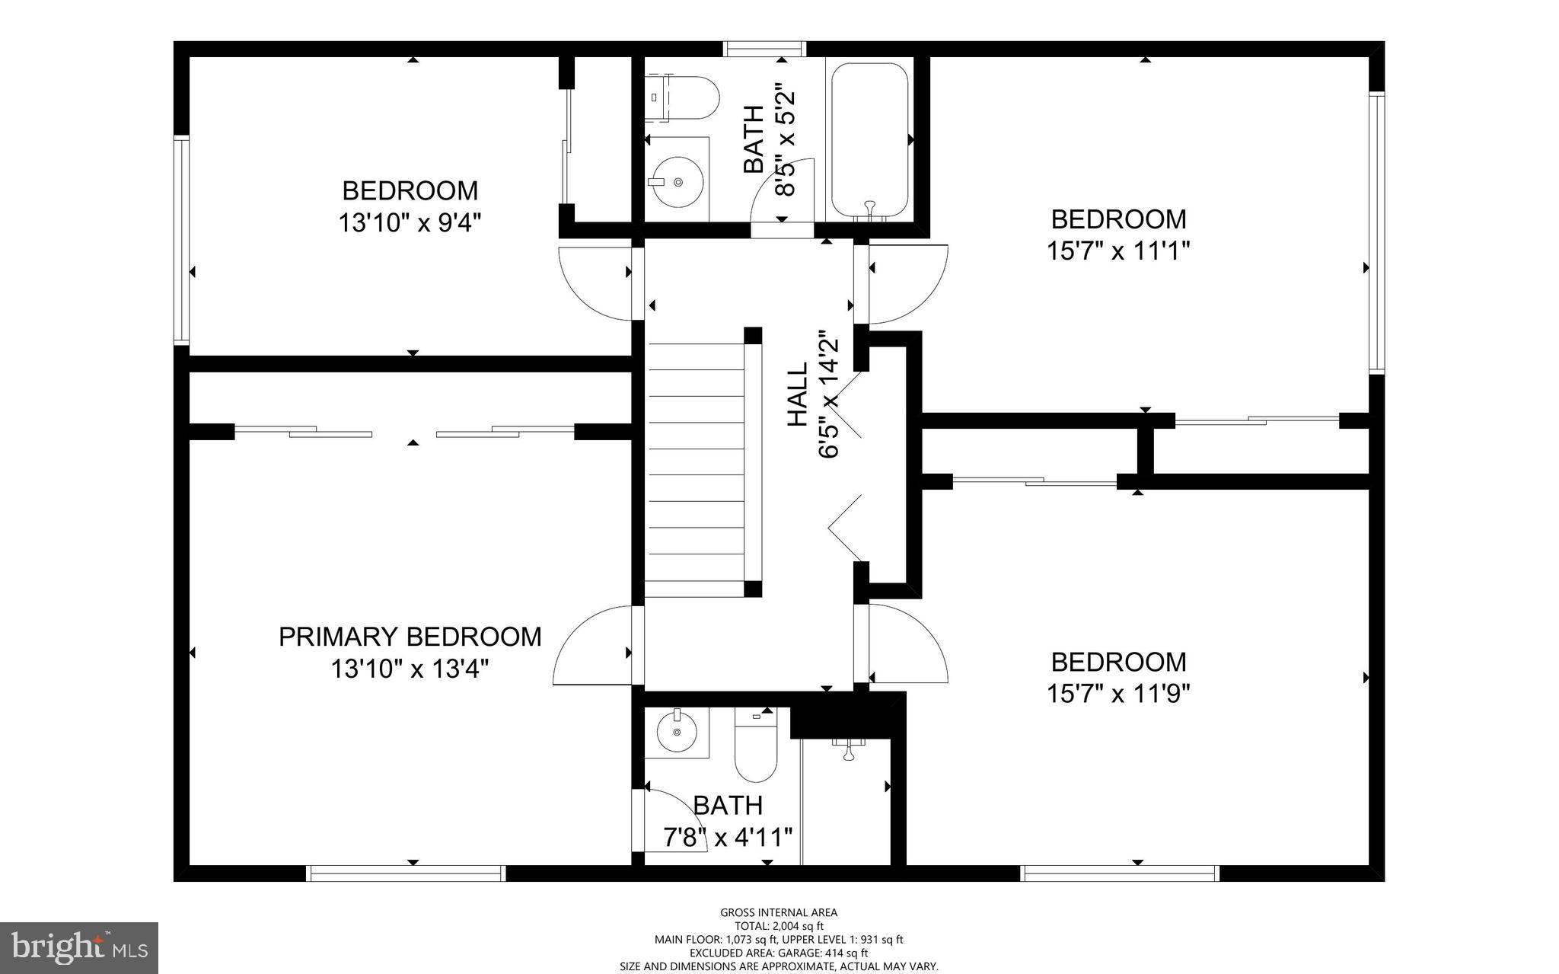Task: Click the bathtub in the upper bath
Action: pyautogui.click(x=870, y=140)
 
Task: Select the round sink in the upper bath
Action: pyautogui.click(x=677, y=182)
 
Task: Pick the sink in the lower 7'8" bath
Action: pyautogui.click(x=676, y=732)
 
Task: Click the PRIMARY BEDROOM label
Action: pyautogui.click(x=410, y=637)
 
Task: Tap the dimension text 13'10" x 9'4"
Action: pyautogui.click(x=410, y=223)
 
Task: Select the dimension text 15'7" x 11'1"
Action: pyautogui.click(x=1117, y=251)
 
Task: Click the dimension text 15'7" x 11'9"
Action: pyautogui.click(x=1117, y=693)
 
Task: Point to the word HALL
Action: pyautogui.click(x=798, y=394)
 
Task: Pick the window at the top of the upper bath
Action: pyautogui.click(x=764, y=49)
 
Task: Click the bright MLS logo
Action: pyautogui.click(x=78, y=947)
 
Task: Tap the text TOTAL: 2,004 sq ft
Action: pyautogui.click(x=778, y=926)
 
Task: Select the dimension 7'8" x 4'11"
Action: pyautogui.click(x=728, y=838)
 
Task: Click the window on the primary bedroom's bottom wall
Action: pyautogui.click(x=406, y=873)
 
